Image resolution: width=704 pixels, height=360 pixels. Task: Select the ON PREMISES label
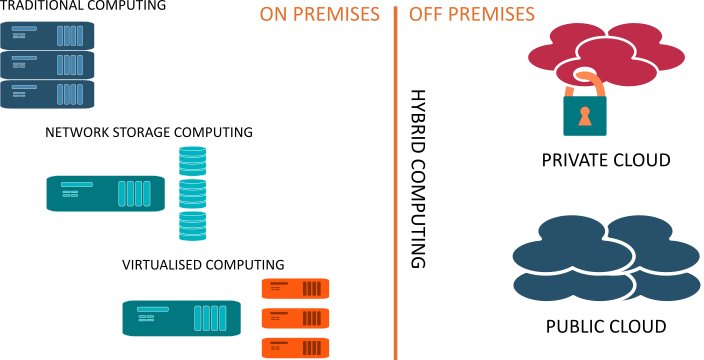(x=319, y=15)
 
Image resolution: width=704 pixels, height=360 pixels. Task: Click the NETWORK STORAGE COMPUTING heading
(x=149, y=132)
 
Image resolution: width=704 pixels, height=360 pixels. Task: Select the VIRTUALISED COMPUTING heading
(x=203, y=265)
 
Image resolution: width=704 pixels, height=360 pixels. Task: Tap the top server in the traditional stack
(x=47, y=37)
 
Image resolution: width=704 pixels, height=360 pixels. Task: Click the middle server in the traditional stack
(x=47, y=66)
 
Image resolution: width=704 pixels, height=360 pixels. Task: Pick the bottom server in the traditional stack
(x=47, y=94)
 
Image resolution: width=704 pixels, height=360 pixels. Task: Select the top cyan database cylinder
(x=192, y=160)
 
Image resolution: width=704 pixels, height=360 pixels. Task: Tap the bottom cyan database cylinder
(x=192, y=224)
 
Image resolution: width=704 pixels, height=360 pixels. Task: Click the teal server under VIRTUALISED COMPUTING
(x=181, y=318)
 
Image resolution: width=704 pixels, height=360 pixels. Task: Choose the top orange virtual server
(x=294, y=289)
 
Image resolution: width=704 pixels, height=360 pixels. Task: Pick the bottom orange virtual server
(x=294, y=347)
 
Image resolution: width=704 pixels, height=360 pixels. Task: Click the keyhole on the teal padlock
(x=585, y=115)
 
